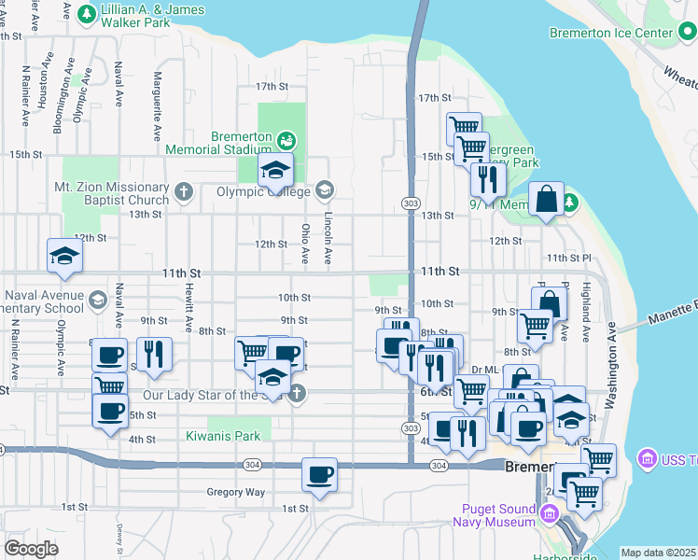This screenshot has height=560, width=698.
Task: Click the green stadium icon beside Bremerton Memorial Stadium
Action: click(286, 141)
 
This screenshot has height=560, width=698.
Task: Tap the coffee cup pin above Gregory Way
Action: click(319, 474)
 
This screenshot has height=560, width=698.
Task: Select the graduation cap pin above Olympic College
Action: click(275, 170)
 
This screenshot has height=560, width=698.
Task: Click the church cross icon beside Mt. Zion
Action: click(184, 193)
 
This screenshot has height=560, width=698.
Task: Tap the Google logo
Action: click(32, 549)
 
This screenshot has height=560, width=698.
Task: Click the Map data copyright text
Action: click(658, 553)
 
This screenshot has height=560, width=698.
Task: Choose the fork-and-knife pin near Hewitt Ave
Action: click(154, 354)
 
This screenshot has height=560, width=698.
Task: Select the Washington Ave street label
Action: click(612, 366)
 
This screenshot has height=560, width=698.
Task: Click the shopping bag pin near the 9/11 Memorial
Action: click(546, 199)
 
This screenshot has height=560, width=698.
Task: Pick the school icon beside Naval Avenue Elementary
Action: click(98, 300)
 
